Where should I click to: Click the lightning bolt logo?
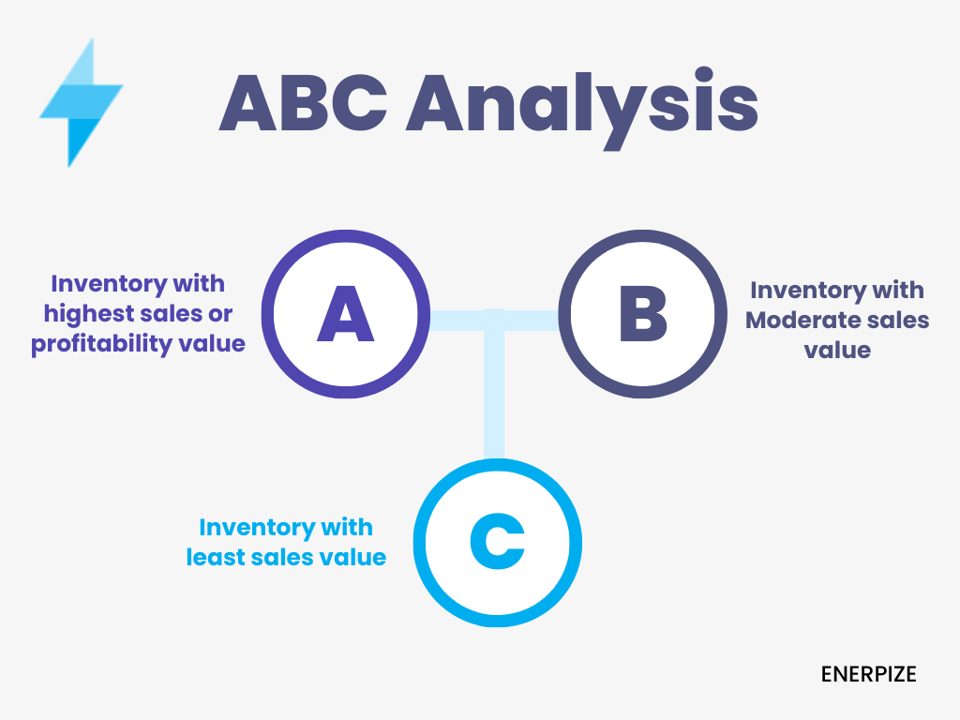[80, 104]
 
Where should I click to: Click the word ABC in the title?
[303, 103]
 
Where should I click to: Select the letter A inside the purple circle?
[345, 313]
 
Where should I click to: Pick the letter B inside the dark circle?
[643, 313]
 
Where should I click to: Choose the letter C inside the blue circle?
[497, 542]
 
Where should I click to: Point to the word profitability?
[101, 344]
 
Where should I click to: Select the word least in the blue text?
[216, 557]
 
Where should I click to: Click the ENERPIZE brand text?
[868, 674]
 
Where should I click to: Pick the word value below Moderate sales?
[837, 351]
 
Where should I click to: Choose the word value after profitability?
[212, 343]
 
